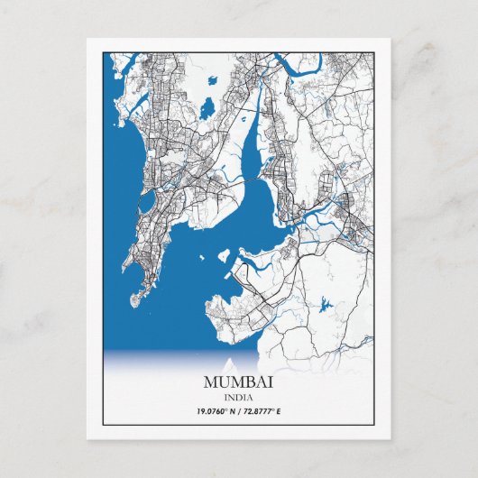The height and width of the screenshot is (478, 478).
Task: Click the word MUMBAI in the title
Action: (238, 383)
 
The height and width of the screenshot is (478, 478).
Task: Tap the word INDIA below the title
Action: (238, 398)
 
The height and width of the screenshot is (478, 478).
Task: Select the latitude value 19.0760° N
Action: (215, 411)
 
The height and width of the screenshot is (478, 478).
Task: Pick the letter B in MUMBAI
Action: (252, 383)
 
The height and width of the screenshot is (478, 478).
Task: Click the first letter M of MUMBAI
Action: (211, 383)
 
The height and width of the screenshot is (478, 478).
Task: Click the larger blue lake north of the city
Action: (207, 108)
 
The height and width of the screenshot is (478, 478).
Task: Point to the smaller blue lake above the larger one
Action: (214, 79)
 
